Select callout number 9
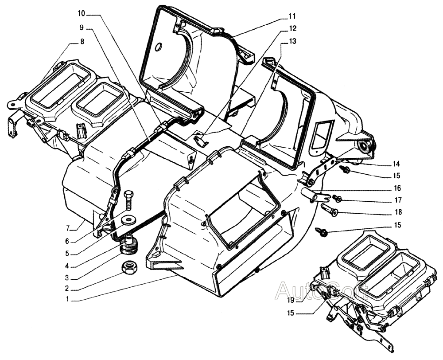(82, 27)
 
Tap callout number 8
(82, 42)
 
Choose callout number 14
(396, 163)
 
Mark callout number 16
(396, 188)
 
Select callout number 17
(396, 200)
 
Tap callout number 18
(396, 213)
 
